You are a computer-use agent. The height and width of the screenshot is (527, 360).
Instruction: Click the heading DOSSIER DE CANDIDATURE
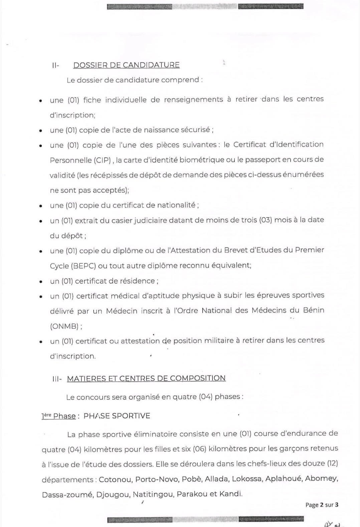click(x=126, y=65)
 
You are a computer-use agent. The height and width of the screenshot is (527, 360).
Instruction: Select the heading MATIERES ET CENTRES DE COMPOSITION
click(x=146, y=378)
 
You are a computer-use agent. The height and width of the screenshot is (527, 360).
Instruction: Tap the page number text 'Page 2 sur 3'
click(x=322, y=505)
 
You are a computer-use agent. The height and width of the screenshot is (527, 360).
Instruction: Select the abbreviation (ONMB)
click(x=64, y=326)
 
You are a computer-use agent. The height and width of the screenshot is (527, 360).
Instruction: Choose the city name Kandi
click(x=230, y=494)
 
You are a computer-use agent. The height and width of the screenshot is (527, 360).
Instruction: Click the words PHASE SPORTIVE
click(x=117, y=416)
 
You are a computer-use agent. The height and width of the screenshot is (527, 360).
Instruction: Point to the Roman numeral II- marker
click(x=55, y=65)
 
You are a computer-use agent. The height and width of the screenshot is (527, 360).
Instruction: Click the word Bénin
click(x=314, y=310)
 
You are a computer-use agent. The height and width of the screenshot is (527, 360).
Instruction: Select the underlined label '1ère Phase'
click(x=58, y=416)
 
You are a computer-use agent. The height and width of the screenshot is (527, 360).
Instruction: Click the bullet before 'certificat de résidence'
click(x=41, y=282)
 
